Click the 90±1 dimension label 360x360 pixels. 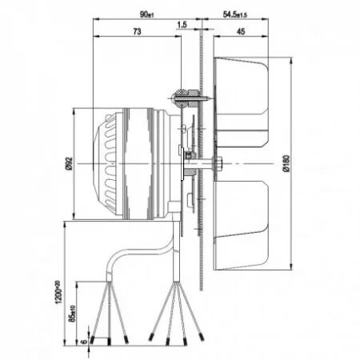click(x=146, y=14)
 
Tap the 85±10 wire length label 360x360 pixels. click(x=70, y=317)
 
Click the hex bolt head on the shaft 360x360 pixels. click(x=217, y=165)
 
